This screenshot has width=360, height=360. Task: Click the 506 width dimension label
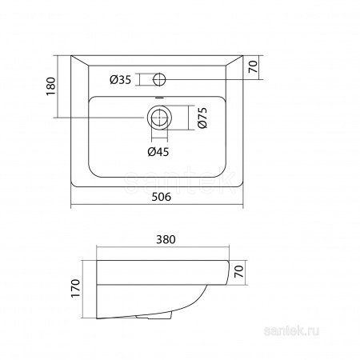coord(161,197)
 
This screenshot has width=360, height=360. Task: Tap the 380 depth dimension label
coord(166,239)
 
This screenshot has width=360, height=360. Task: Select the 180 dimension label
coord(51,86)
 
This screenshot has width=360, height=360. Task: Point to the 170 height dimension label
coord(75,288)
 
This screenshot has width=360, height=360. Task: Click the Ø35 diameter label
coord(121,79)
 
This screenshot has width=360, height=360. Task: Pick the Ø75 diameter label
coord(202,118)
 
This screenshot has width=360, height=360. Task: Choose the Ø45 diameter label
coord(158,152)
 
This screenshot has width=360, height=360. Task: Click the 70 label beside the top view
coord(253,66)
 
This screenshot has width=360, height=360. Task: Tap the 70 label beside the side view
coord(238,271)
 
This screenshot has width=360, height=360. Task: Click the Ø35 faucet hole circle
coord(159,79)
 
